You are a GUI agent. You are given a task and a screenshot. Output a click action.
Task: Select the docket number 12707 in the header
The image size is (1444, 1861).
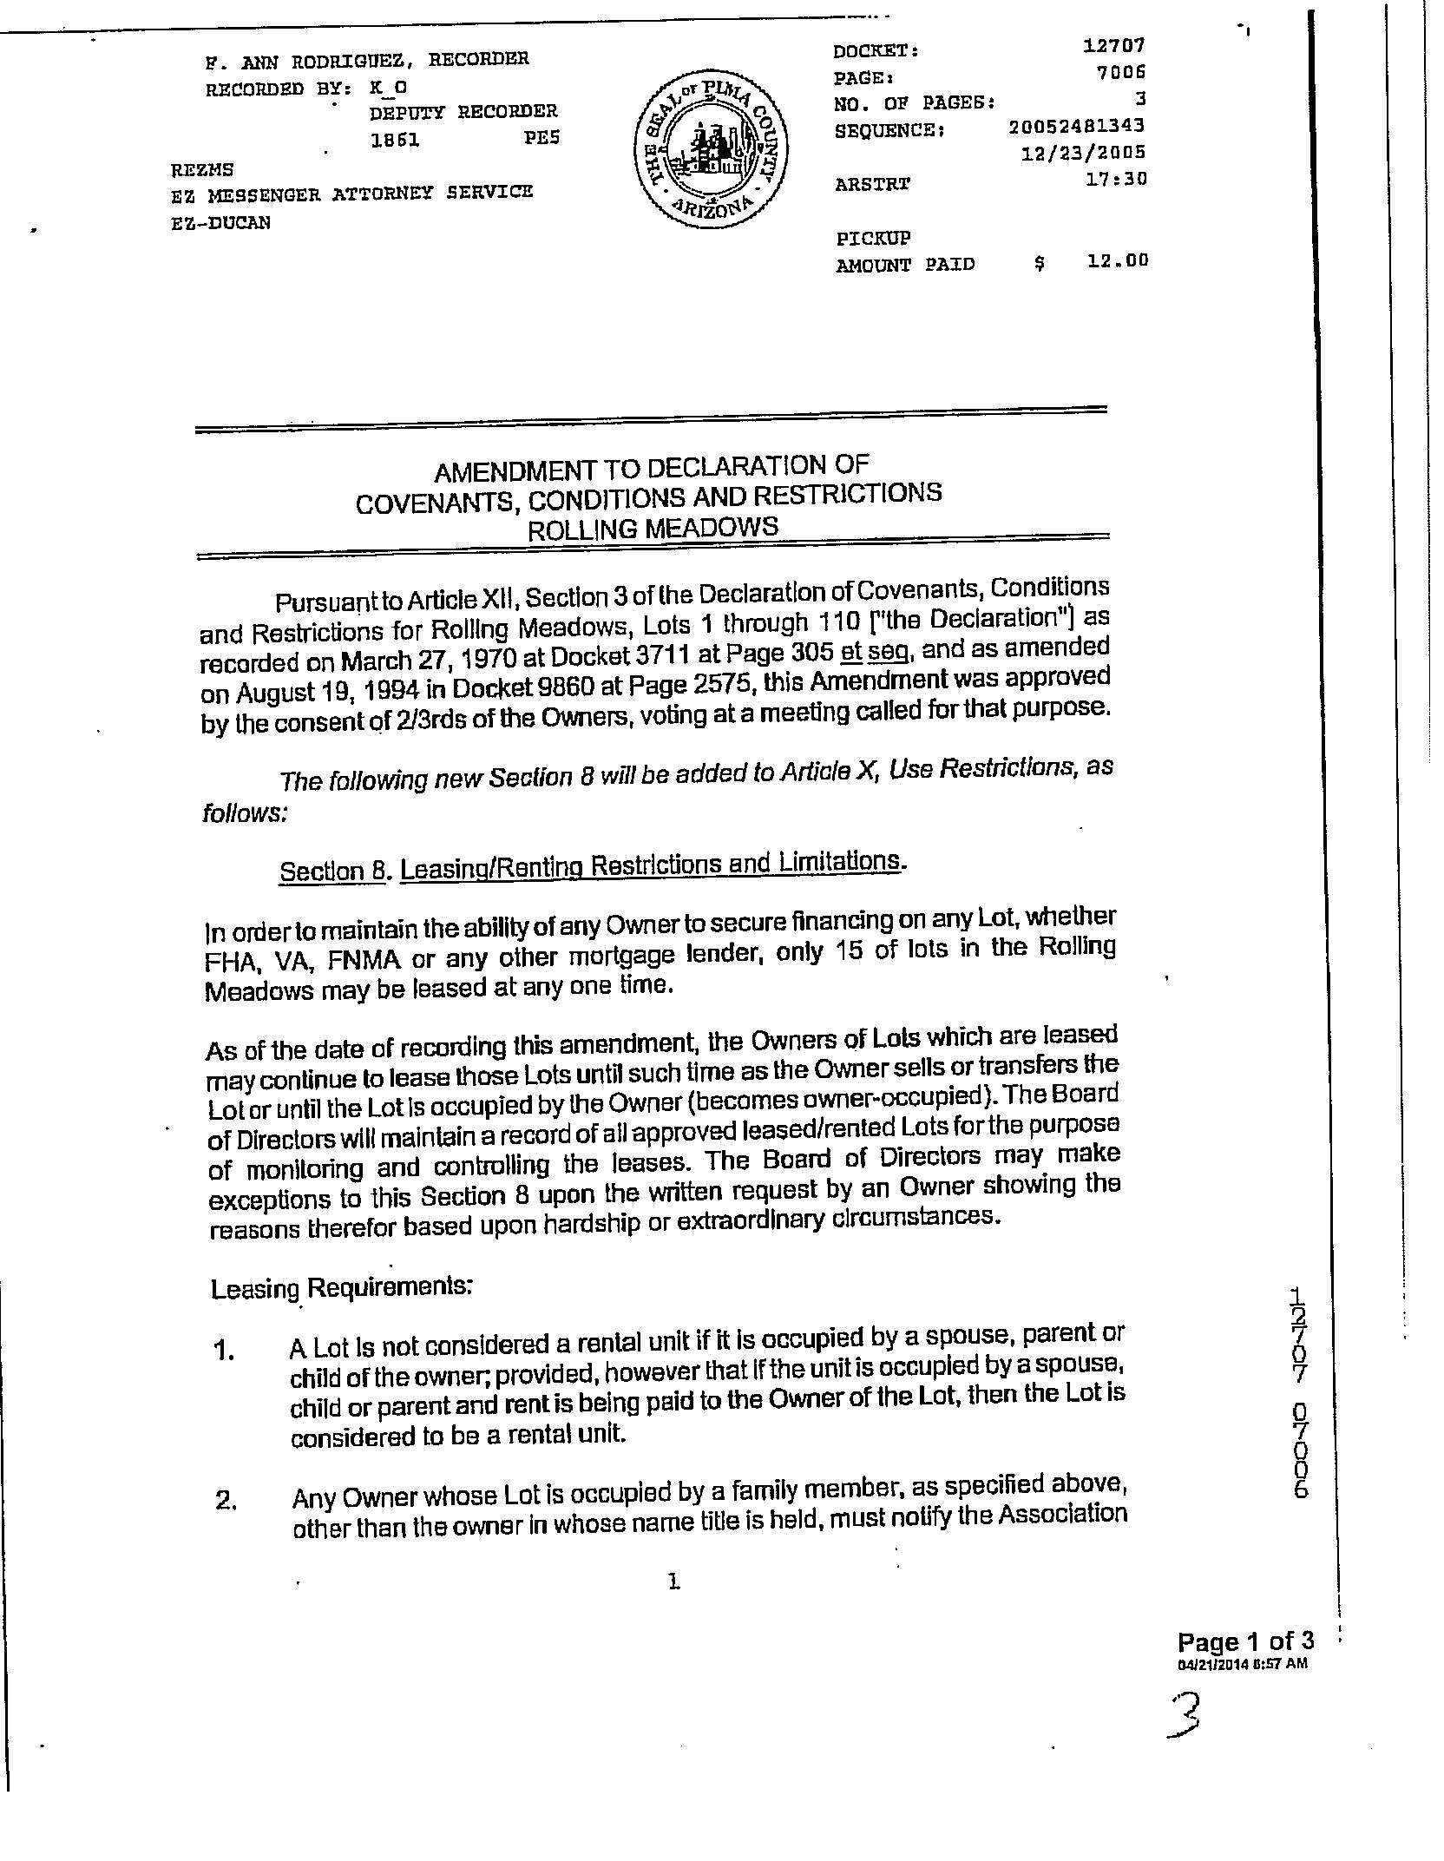tap(1114, 45)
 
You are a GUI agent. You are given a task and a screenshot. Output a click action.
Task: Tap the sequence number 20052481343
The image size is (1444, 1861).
tap(1077, 127)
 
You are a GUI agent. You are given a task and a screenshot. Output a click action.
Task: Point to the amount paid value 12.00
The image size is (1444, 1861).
tap(1118, 260)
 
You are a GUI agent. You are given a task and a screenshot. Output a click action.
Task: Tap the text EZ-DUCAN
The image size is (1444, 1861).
tap(221, 222)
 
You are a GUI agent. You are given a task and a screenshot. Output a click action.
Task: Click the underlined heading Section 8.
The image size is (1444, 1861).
tap(331, 871)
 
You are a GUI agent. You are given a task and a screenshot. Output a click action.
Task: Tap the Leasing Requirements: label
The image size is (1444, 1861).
tap(341, 1287)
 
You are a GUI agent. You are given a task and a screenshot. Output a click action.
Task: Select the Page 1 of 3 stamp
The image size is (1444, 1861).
tap(1244, 1641)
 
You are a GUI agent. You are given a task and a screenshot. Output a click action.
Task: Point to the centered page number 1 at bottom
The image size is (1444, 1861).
tap(673, 1582)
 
